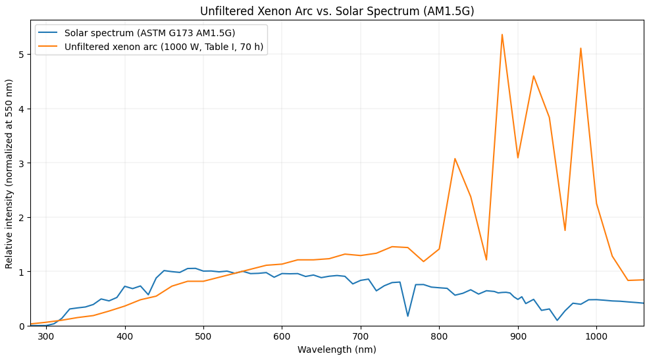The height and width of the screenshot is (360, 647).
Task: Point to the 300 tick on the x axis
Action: [46, 337]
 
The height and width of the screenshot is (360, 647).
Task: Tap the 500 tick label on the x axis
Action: [203, 337]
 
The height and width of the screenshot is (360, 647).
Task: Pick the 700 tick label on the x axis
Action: [361, 337]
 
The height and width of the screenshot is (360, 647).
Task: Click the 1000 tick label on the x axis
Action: [596, 337]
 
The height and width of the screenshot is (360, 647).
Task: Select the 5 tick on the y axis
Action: [20, 55]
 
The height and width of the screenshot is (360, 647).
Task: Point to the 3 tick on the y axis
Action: [20, 163]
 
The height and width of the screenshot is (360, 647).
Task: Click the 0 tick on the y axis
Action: [20, 326]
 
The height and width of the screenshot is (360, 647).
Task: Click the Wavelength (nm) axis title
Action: [337, 349]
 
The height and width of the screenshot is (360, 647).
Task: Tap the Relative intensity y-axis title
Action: [9, 174]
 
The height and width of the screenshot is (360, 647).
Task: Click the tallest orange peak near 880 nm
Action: [502, 35]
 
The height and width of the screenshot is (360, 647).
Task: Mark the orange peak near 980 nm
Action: [581, 48]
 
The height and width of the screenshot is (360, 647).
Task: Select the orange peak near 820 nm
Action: [455, 159]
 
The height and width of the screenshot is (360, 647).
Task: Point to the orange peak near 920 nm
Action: [533, 76]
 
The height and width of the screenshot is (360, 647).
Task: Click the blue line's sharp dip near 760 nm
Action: [407, 316]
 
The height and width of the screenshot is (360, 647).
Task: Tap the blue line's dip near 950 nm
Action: [557, 321]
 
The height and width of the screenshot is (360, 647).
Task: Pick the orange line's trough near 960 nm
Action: [565, 230]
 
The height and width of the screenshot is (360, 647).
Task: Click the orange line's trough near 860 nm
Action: [486, 260]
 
